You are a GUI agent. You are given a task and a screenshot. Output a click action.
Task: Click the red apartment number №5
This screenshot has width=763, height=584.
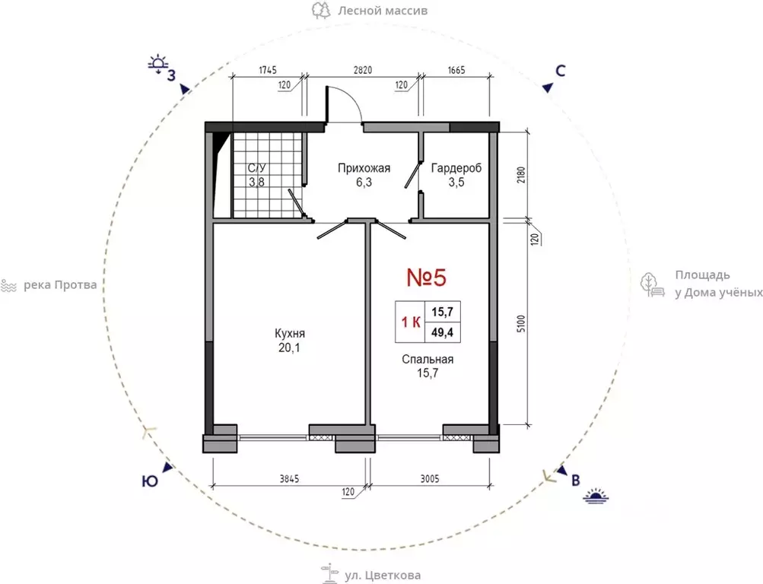(x=426, y=278)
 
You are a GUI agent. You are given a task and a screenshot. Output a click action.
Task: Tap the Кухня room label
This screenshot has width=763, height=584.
(x=290, y=334)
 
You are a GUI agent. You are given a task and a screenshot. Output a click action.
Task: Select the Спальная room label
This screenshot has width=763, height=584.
(x=428, y=360)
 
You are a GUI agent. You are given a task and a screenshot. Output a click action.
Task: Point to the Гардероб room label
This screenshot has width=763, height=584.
(x=456, y=168)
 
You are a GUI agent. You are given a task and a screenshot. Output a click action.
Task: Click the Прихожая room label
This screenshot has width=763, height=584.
(x=364, y=168)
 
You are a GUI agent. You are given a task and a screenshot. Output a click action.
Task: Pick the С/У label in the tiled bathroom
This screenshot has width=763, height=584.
(x=257, y=168)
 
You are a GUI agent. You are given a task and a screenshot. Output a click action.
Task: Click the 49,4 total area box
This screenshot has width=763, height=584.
(x=442, y=332)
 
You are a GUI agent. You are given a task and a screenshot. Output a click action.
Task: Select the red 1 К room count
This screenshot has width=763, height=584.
(x=411, y=322)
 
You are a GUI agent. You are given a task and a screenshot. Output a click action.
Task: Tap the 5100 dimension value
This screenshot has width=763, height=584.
(x=521, y=323)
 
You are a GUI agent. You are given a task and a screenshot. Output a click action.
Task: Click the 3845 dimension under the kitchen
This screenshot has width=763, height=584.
(x=289, y=479)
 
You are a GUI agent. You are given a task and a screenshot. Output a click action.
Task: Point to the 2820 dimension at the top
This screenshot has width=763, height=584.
(x=363, y=70)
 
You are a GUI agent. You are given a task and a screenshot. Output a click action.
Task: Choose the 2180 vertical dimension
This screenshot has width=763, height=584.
(x=521, y=175)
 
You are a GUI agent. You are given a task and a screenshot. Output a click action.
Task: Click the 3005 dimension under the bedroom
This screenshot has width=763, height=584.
(x=429, y=479)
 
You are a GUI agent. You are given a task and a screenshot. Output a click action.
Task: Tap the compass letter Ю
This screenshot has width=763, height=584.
(x=150, y=481)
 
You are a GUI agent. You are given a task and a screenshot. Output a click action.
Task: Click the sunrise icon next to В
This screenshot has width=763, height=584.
(x=596, y=496)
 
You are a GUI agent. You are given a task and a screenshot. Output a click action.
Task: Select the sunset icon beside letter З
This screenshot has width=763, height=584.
(x=158, y=65)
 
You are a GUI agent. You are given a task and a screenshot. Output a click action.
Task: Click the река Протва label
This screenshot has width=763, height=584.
(x=60, y=284)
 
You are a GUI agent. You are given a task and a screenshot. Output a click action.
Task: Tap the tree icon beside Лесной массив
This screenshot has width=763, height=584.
(x=321, y=10)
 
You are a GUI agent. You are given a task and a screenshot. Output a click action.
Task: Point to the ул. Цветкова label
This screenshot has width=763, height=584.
(x=383, y=576)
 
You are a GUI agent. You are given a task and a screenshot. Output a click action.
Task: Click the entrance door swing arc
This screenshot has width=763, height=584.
(x=351, y=97)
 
